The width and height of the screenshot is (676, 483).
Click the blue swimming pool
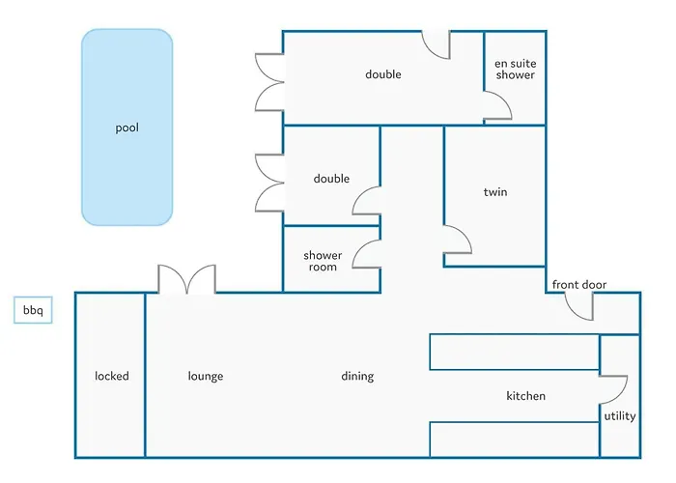pos(127,127)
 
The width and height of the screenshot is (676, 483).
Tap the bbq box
pos(32,311)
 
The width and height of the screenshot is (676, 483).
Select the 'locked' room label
pos(111,376)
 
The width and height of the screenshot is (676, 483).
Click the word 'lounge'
pos(205,376)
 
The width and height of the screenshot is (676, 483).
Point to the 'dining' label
pos(357,376)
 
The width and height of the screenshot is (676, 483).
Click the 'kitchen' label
pos(525,396)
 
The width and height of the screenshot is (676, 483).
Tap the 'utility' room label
pos(619,416)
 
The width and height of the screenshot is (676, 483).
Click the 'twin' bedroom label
pos(494,192)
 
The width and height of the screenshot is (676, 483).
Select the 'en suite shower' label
pos(515,70)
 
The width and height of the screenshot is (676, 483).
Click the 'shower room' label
pos(323,261)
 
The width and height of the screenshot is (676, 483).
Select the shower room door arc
pos(366,255)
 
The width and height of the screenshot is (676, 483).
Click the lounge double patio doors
pos(187,279)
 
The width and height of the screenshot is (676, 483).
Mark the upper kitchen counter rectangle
pos(514,352)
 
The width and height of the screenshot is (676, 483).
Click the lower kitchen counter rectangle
pos(514,439)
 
